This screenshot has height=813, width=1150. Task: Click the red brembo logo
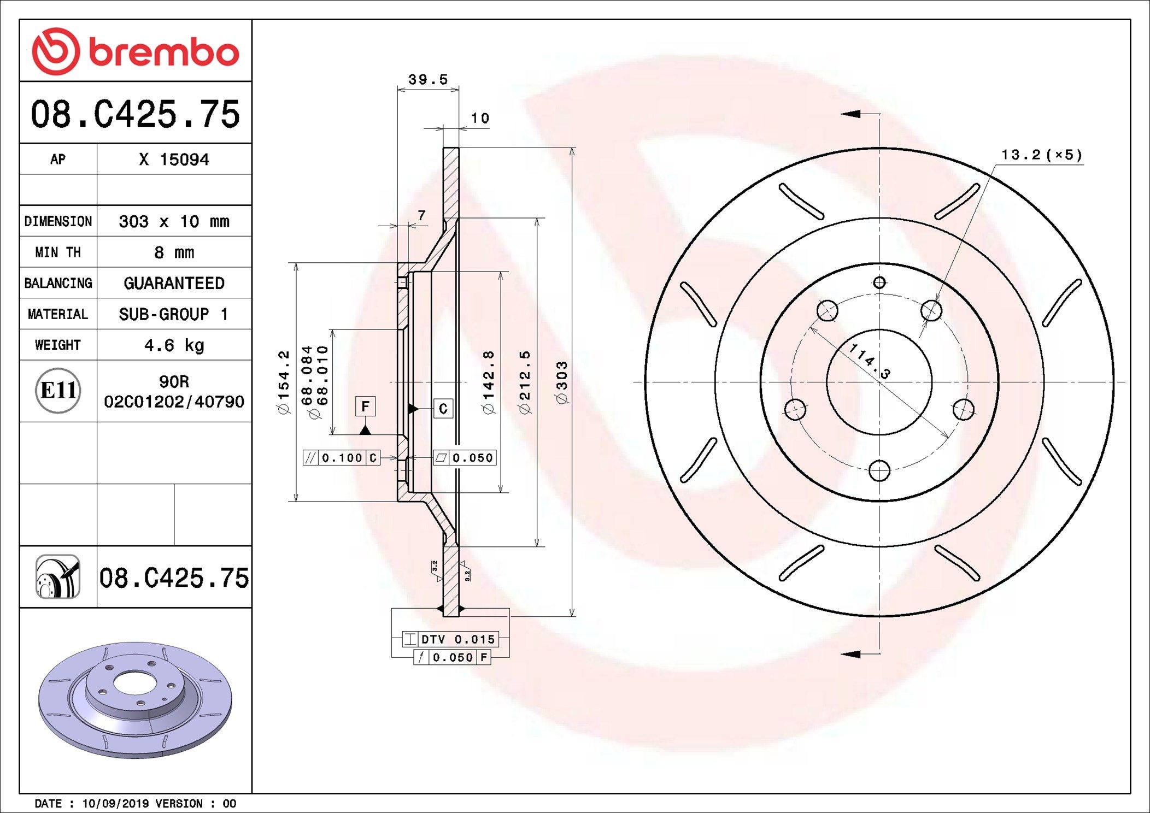(x=136, y=51)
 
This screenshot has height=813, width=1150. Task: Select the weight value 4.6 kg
(x=174, y=345)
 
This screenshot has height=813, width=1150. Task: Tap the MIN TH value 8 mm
(x=174, y=252)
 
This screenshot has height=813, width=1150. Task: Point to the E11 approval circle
(x=58, y=390)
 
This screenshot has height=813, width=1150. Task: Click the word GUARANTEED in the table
(x=174, y=283)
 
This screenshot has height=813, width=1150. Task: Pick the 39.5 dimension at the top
(x=428, y=80)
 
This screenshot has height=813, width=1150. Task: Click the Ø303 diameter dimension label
(x=562, y=382)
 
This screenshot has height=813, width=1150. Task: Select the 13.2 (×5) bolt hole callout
(x=1041, y=155)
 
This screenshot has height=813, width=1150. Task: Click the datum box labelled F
(x=365, y=406)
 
